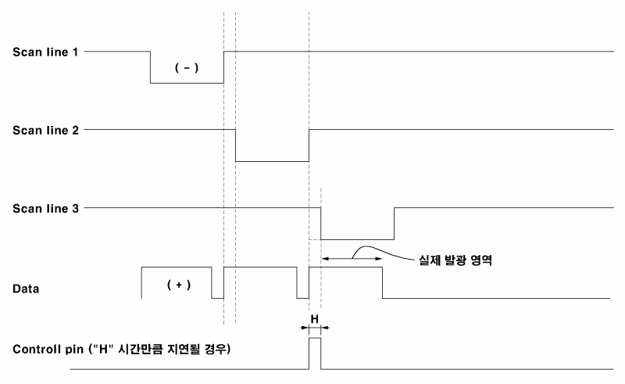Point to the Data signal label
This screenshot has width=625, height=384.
[27, 289]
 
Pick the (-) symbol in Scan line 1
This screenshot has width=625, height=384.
[186, 68]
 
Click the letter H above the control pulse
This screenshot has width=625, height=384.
[315, 319]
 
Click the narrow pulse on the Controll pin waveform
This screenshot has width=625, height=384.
[315, 352]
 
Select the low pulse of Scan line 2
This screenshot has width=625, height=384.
[272, 161]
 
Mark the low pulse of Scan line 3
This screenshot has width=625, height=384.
[358, 239]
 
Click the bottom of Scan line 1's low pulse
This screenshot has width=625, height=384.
[187, 83]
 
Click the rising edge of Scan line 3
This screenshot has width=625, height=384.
[395, 223]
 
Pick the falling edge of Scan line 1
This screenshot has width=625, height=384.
[150, 67]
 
